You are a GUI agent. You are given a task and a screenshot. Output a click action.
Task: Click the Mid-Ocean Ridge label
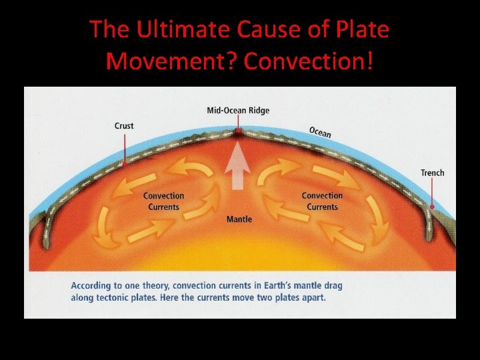[238, 110]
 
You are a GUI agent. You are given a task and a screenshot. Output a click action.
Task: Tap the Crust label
[124, 125]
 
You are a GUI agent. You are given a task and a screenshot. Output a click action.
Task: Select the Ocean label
[320, 132]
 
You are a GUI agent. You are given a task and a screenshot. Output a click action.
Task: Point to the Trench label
[432, 173]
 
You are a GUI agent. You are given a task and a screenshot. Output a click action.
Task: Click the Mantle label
[239, 219]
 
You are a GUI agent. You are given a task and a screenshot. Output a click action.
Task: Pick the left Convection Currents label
[163, 201]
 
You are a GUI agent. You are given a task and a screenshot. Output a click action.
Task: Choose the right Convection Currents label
[322, 201]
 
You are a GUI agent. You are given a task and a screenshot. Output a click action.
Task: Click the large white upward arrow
[238, 167]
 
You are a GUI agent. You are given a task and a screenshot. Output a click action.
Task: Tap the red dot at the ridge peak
[238, 131]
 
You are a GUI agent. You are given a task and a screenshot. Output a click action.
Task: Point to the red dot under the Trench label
[432, 207]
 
